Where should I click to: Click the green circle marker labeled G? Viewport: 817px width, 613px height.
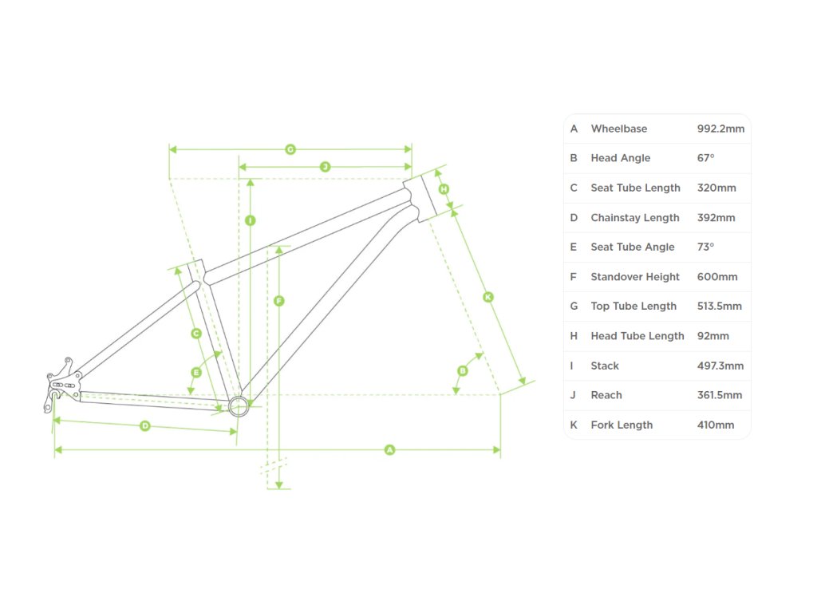tap(290, 149)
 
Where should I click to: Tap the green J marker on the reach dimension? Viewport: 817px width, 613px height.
tap(325, 167)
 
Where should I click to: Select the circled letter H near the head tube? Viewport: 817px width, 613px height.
tap(444, 189)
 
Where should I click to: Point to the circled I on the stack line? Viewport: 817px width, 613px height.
tap(251, 220)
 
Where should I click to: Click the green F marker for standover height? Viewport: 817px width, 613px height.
tap(278, 301)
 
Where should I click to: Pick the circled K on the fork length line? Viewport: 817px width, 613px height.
tap(488, 297)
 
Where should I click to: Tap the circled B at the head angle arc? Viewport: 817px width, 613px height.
tap(462, 370)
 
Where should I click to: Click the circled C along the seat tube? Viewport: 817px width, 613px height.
tap(196, 334)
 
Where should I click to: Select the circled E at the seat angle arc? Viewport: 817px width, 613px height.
tap(196, 372)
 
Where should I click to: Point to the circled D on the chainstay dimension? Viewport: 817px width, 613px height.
tap(145, 426)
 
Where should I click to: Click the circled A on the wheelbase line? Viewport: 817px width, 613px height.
tap(389, 450)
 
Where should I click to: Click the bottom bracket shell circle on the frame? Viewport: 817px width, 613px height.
tap(238, 406)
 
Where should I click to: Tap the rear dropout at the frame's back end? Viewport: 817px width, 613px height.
tap(61, 386)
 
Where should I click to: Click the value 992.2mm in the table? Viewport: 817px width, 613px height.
tap(720, 129)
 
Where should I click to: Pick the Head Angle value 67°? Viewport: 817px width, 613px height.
tap(705, 158)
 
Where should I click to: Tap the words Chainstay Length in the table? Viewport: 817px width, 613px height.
tap(635, 218)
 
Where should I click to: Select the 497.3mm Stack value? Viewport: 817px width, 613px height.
tap(720, 366)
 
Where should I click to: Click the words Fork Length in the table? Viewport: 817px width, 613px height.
tap(622, 425)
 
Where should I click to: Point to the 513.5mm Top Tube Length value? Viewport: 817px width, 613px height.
tap(719, 306)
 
